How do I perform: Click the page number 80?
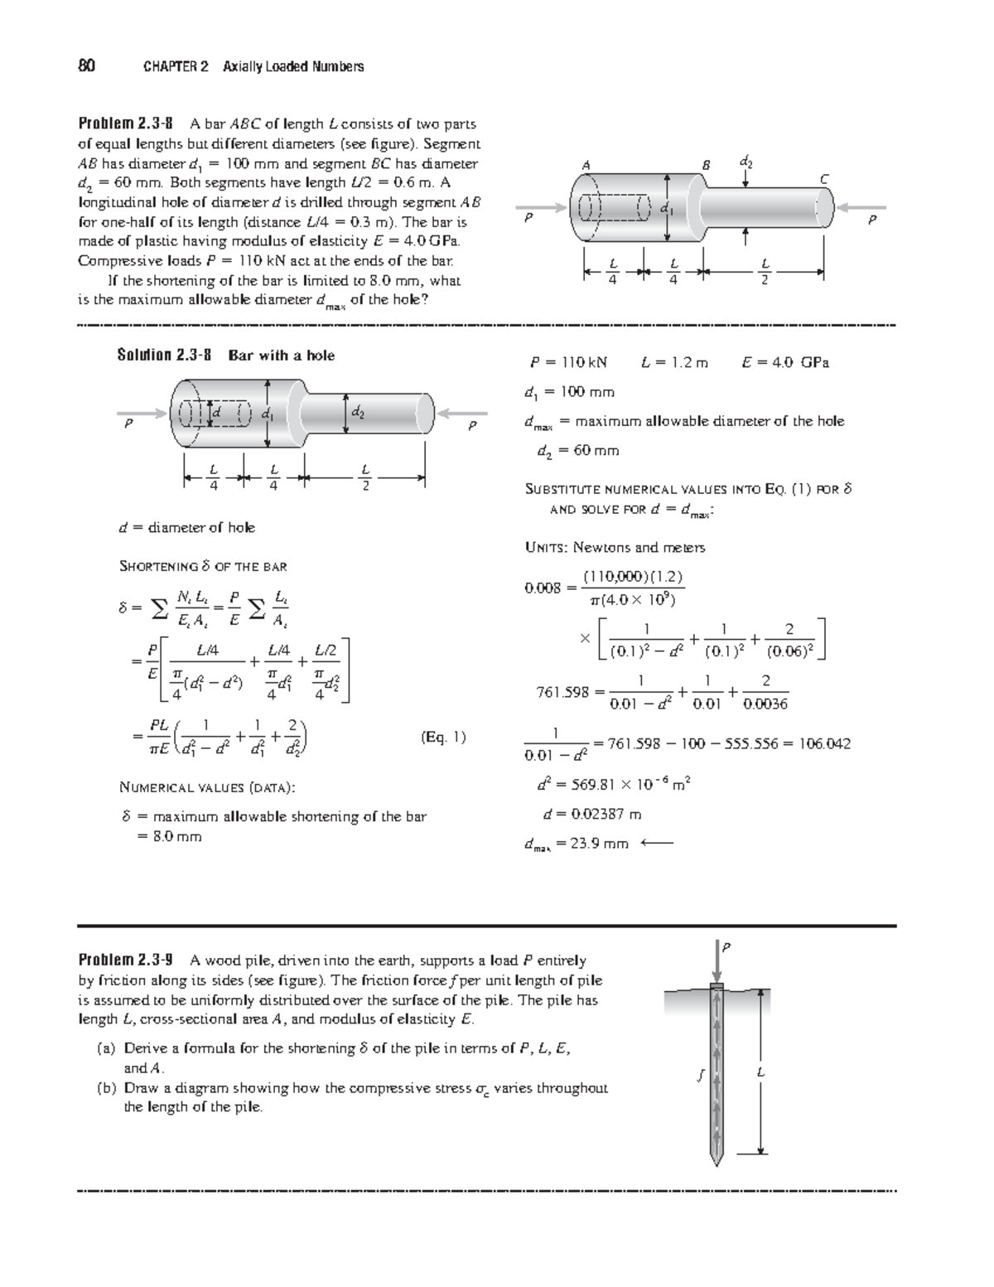coord(84,66)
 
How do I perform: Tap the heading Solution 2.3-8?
coord(165,356)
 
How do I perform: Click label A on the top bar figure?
coord(586,164)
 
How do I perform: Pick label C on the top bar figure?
coord(823,178)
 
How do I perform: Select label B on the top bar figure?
coord(706,164)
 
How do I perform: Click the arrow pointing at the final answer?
coord(658,844)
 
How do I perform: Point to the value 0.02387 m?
coord(591,814)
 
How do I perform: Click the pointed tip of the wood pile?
coord(717,1162)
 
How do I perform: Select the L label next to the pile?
coord(760,1074)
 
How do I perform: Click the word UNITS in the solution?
coord(546,547)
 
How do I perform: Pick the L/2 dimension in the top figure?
coord(765,271)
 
